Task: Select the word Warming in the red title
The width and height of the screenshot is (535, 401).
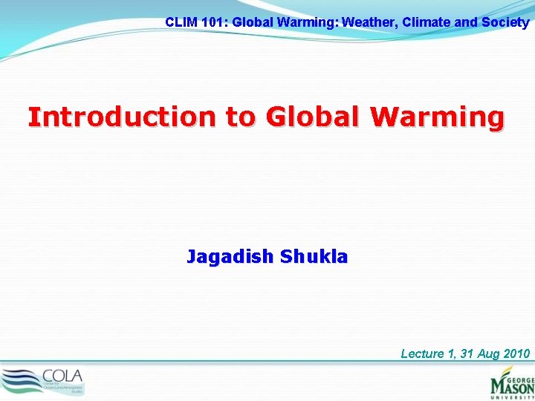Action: click(x=438, y=117)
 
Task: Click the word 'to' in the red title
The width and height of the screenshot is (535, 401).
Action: click(x=236, y=117)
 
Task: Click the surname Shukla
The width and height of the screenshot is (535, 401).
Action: click(x=314, y=257)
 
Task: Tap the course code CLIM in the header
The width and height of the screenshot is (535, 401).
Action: click(x=180, y=22)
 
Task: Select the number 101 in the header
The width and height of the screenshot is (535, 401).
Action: click(x=214, y=22)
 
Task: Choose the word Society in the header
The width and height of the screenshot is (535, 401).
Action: click(x=505, y=22)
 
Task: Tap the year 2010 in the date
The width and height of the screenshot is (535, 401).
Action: click(x=516, y=353)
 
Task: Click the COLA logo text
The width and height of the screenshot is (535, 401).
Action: click(x=62, y=375)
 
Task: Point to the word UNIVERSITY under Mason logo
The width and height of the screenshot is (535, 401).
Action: click(x=513, y=397)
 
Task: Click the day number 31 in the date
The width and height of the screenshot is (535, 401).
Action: click(x=467, y=353)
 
